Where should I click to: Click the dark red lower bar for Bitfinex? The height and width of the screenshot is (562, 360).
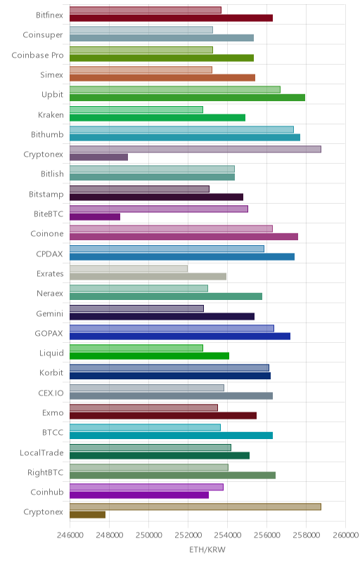point(171,18)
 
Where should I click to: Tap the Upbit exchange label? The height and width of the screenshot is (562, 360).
point(52,95)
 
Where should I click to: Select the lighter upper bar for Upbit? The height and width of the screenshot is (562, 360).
point(175,90)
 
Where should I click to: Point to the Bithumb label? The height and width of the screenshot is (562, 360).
point(47,134)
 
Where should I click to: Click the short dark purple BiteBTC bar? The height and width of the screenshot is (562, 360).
point(95,217)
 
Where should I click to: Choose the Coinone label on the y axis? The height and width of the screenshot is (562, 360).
point(47,234)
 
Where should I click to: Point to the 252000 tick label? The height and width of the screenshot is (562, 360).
point(188,535)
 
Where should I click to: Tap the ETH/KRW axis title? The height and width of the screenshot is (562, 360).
point(207,550)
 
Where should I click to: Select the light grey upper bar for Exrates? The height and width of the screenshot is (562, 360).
point(129,268)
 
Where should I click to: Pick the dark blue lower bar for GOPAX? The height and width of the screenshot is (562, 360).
point(179,336)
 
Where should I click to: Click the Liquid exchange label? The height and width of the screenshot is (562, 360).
point(51,353)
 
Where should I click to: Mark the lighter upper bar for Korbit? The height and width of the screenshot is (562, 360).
point(169,367)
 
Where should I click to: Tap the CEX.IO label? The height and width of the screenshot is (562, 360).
point(51,393)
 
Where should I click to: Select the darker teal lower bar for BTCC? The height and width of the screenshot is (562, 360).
point(171,436)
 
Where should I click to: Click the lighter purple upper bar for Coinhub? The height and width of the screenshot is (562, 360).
point(146,487)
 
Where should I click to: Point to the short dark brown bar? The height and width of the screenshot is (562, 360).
point(87,515)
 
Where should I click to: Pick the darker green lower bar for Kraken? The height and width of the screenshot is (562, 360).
point(157,117)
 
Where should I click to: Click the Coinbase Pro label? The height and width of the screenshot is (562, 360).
point(37,55)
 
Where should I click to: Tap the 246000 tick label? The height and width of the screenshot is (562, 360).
point(70,535)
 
